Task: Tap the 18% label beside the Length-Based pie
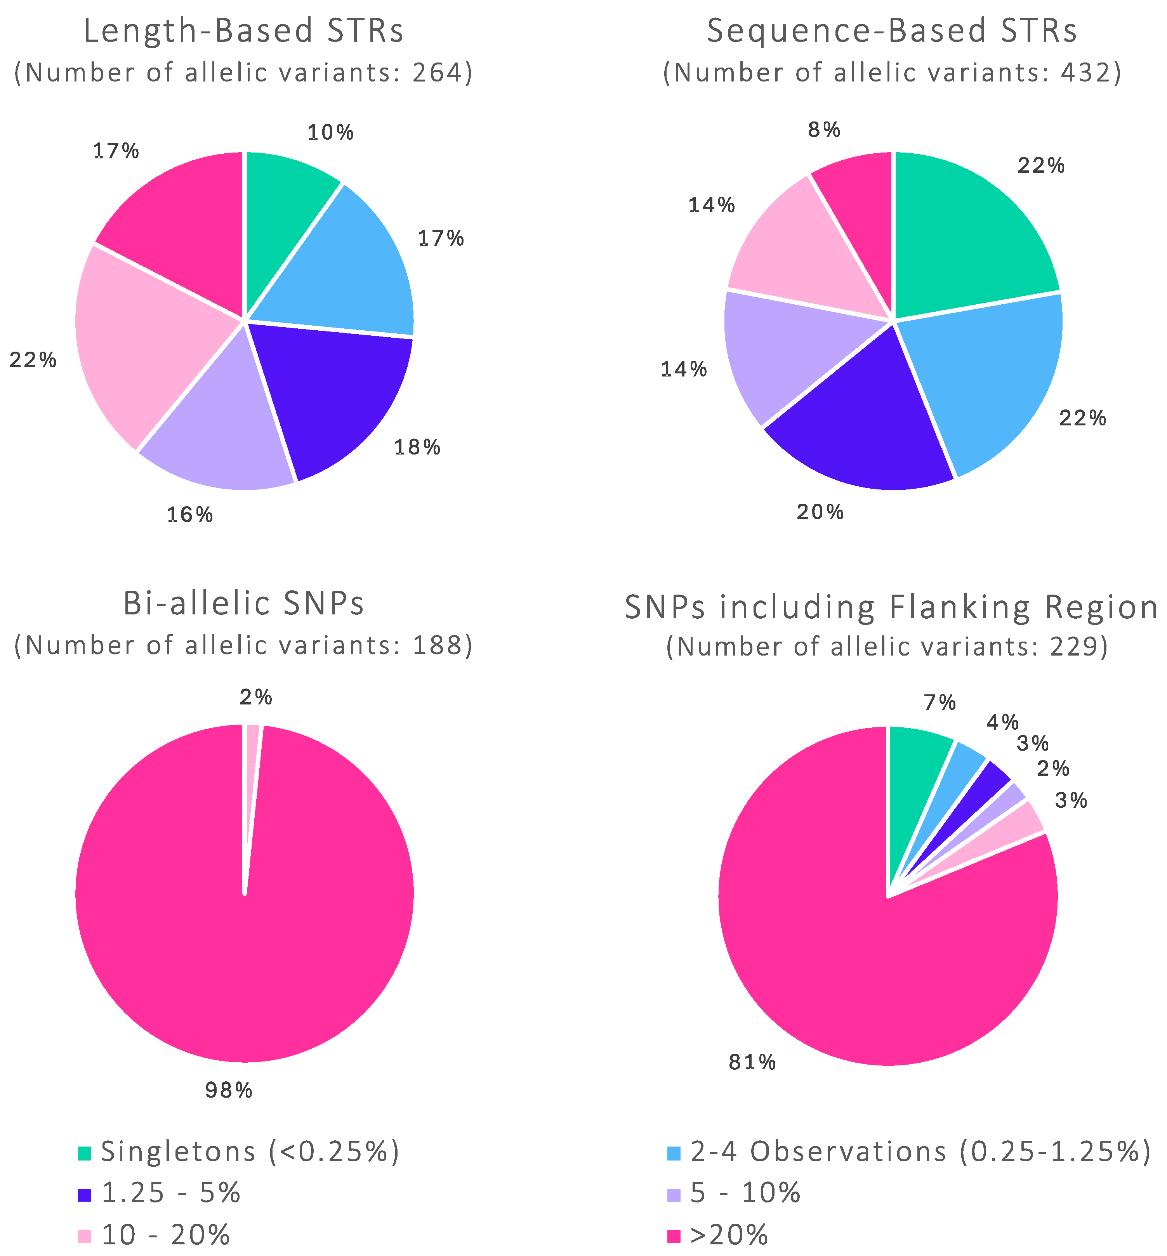coord(417,447)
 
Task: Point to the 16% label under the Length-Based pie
coord(189,515)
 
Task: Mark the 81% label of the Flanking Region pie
coord(752,1062)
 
